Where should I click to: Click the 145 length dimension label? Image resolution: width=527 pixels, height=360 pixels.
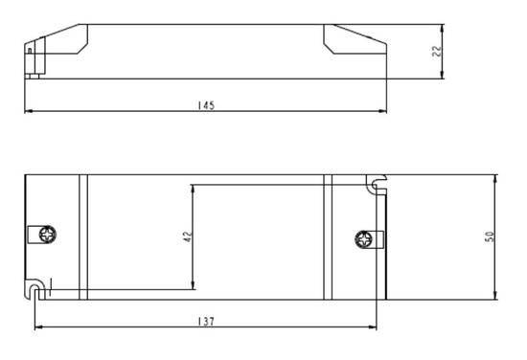[206, 105]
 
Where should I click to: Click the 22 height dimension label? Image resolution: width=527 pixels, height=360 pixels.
[437, 52]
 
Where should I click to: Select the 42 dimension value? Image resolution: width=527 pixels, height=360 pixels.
[188, 236]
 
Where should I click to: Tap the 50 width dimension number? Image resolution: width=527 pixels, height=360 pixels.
[490, 236]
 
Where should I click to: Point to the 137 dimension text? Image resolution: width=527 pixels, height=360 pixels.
[206, 322]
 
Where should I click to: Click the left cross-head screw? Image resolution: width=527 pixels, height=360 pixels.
[47, 234]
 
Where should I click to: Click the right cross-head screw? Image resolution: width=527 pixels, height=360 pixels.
[364, 239]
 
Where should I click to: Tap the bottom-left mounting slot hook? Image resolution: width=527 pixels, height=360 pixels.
[34, 289]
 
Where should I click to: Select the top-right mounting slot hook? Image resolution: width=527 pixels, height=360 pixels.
[377, 184]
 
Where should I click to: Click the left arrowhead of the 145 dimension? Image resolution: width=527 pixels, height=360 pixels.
[28, 111]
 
